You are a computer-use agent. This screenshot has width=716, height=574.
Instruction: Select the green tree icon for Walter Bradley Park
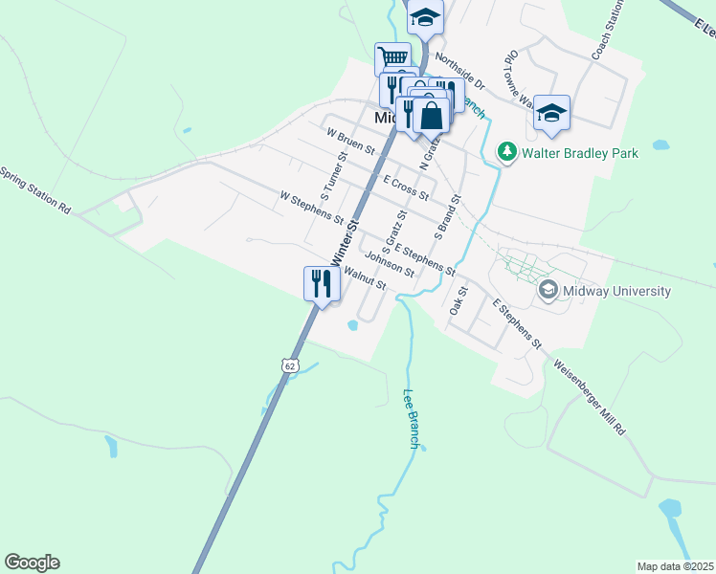(505, 151)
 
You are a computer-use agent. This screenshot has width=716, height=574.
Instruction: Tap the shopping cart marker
(392, 56)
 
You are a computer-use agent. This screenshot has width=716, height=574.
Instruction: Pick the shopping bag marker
(432, 115)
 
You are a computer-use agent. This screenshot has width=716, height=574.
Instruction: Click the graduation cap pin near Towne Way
(551, 113)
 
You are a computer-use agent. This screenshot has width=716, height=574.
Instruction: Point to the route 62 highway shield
(290, 365)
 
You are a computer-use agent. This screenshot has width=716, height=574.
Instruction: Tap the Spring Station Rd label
(35, 190)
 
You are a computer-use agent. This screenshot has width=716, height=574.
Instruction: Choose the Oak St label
(458, 300)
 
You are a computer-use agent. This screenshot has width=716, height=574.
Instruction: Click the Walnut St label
(364, 278)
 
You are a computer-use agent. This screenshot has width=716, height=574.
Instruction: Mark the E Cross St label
(405, 187)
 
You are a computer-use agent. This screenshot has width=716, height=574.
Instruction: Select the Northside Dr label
(459, 72)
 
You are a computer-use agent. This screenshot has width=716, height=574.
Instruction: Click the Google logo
(32, 563)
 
